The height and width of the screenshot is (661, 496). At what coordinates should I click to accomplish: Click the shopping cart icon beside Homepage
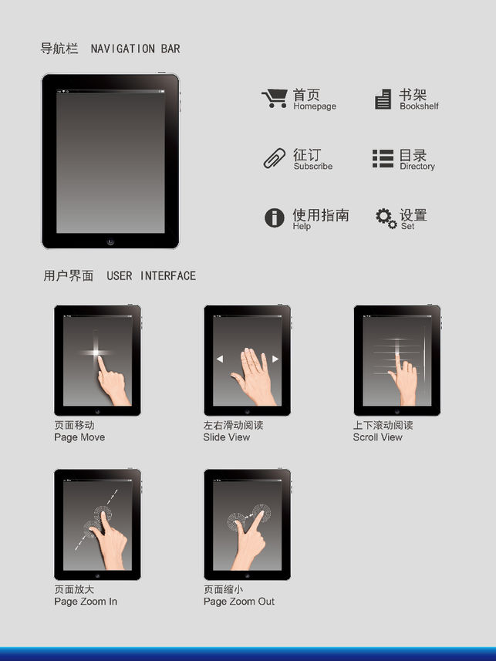[x=275, y=99]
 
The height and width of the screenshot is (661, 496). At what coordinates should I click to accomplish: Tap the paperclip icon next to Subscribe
[x=275, y=159]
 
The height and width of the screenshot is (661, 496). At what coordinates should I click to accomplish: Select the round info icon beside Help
[x=274, y=218]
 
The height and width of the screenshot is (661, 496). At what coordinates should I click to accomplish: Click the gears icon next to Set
[x=386, y=218]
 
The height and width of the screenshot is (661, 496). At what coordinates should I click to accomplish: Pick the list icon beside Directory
[x=383, y=159]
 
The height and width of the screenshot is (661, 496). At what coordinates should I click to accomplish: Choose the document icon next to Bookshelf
[x=383, y=99]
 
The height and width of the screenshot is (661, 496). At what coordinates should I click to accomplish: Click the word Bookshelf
[x=419, y=106]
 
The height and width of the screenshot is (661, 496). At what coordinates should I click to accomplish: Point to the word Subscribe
[x=313, y=166]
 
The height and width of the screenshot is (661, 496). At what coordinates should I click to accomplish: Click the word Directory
[x=417, y=167]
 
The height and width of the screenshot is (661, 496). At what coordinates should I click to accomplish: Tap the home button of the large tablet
[x=110, y=241]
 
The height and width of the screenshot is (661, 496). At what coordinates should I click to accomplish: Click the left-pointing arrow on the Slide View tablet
[x=219, y=359]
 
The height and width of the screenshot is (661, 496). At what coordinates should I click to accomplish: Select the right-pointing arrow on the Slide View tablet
[x=275, y=359]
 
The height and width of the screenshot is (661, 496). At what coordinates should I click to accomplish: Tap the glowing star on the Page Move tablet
[x=96, y=352]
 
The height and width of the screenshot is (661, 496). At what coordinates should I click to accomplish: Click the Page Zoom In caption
[x=86, y=602]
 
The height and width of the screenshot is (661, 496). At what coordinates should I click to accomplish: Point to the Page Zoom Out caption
[x=238, y=602]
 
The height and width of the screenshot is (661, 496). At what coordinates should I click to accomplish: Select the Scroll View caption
[x=377, y=437]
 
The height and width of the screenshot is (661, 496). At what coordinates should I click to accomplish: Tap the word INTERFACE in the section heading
[x=168, y=275]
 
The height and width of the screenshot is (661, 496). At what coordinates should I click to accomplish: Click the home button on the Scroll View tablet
[x=397, y=411]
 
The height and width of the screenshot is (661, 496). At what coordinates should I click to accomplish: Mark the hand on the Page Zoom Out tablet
[x=249, y=541]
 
